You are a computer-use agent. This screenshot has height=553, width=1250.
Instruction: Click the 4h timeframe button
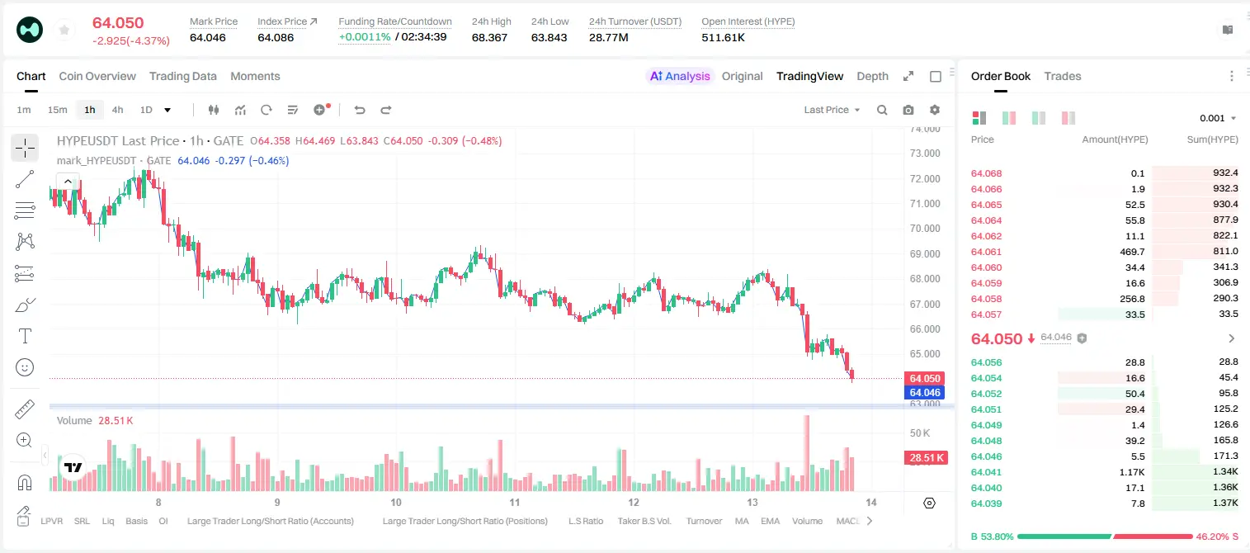coord(117,110)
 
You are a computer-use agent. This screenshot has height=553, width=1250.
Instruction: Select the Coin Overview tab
coord(97,76)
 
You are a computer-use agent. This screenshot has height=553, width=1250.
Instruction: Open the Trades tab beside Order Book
coord(1063,76)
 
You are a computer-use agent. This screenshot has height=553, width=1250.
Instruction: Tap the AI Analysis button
coord(680,76)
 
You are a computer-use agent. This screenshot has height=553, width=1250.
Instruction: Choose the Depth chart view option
coord(872,76)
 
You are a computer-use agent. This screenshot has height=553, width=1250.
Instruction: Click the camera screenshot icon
coord(908,110)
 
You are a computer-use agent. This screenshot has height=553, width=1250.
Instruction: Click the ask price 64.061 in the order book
coord(986,252)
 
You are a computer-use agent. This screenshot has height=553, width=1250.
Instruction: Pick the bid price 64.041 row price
coord(986,472)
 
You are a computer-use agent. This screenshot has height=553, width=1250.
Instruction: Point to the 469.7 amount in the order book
coord(1132,252)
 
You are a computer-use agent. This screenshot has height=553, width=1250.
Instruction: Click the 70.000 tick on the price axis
coord(925,229)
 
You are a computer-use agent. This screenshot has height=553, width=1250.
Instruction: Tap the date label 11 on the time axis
coord(515,502)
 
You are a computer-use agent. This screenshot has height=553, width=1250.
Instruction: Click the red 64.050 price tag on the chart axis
coord(925,378)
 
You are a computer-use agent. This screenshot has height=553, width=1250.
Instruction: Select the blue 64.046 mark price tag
coord(925,392)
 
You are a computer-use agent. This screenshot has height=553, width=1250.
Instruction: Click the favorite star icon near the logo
coord(64,31)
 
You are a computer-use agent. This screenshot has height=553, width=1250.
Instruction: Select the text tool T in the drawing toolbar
coord(25,336)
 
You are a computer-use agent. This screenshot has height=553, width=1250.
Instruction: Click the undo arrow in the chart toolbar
coord(360,110)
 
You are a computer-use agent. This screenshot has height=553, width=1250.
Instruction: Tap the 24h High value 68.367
coord(489,37)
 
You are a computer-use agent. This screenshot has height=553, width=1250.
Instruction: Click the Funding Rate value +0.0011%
coord(365,37)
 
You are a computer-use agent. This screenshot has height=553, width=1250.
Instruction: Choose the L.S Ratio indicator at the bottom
coord(585,521)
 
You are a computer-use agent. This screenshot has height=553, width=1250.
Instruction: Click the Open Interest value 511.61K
coord(724,37)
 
